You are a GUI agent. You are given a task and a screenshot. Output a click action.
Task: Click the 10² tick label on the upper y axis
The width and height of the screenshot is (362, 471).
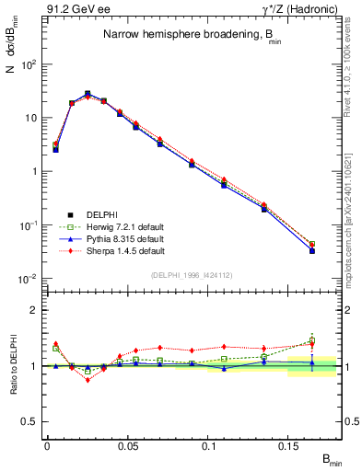[x=29, y=64]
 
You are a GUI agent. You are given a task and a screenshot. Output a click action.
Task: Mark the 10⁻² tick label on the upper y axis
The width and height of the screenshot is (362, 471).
[x=29, y=278]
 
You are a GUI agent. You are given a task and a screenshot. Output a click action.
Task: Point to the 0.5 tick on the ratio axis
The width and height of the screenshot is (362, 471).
[x=32, y=421]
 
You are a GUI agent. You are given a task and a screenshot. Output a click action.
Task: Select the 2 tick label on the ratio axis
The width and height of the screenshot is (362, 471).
[x=36, y=310]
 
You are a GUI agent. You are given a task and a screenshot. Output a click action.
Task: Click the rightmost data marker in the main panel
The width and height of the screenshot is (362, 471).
[x=312, y=249]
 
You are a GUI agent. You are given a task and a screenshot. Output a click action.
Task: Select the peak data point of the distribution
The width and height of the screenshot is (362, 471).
[x=88, y=94]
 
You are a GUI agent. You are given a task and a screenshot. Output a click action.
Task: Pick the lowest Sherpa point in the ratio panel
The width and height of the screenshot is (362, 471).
[x=88, y=379]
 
